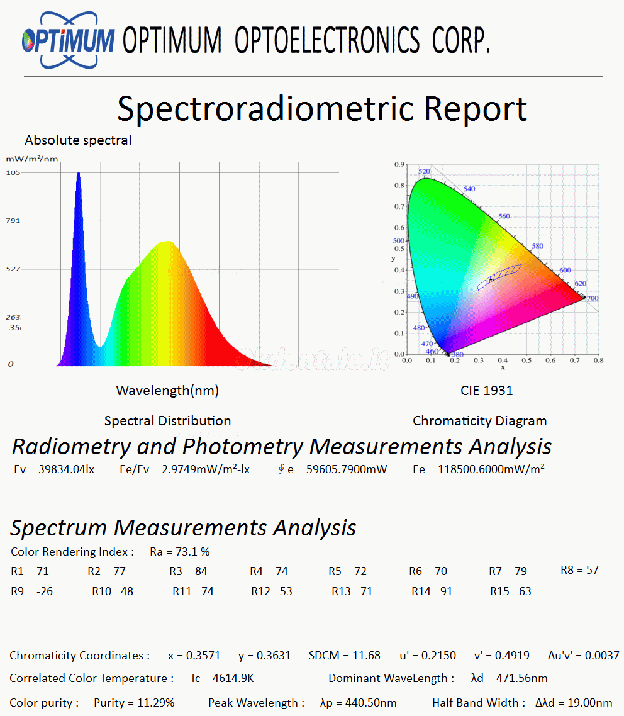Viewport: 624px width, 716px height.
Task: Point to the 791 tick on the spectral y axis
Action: tap(14, 221)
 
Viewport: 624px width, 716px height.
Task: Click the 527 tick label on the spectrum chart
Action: tap(14, 269)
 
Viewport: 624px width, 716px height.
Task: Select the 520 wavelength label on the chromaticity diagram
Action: tap(424, 172)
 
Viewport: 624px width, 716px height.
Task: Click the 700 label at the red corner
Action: tap(592, 298)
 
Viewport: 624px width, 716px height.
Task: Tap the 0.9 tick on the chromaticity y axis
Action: tap(399, 165)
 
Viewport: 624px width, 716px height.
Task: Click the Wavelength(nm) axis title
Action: tap(167, 391)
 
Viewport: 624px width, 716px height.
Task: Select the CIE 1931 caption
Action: tap(486, 391)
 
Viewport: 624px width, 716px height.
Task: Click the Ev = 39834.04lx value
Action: tap(54, 469)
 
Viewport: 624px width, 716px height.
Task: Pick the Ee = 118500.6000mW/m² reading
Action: tap(479, 469)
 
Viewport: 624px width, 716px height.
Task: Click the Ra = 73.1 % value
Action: tap(180, 552)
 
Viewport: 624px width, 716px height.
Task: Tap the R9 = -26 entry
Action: tap(32, 591)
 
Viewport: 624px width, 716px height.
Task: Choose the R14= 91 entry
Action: tap(432, 591)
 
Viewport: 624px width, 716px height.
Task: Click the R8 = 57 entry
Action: tap(579, 570)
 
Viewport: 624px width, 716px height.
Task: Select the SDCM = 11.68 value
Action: tap(345, 656)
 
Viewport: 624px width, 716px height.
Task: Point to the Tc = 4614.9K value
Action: tap(221, 678)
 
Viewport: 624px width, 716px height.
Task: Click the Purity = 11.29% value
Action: tap(134, 703)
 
